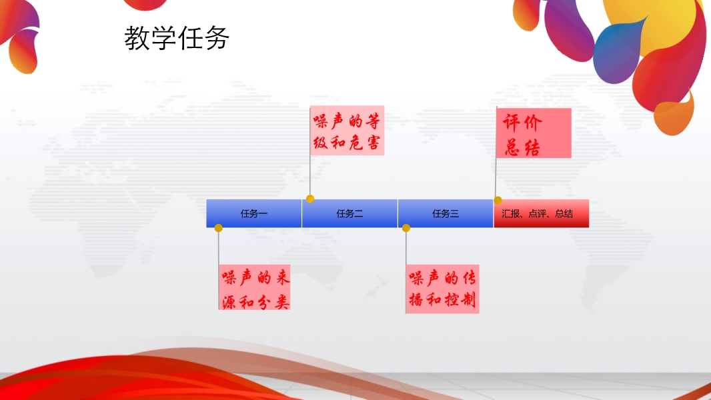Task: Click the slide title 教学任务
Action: [177, 38]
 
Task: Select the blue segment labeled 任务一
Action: [254, 213]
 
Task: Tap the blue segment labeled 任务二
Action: [349, 213]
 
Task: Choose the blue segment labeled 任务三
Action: [446, 213]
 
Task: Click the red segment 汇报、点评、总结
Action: [542, 213]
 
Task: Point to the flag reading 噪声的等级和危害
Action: [347, 131]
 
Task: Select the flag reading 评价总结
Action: [534, 133]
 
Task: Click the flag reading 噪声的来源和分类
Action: [254, 287]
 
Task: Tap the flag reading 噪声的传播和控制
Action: [443, 289]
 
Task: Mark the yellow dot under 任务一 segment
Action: [219, 228]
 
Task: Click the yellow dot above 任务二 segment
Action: [310, 199]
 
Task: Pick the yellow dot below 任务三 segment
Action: [406, 228]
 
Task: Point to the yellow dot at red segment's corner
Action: [498, 200]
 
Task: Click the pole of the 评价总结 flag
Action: [496, 153]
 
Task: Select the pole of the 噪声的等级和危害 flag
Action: [310, 152]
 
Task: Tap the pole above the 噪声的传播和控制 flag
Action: [406, 248]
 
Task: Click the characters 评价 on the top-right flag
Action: [522, 122]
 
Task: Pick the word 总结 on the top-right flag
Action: [522, 148]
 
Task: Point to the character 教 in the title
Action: [137, 38]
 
